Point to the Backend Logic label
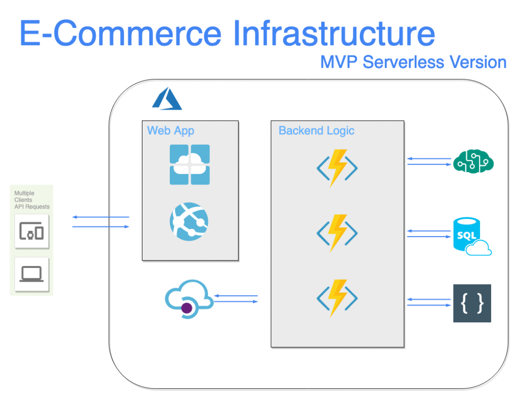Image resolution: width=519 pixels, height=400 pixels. point(316,130)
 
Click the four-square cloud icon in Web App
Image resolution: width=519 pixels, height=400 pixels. point(190,164)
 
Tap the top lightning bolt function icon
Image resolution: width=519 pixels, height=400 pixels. point(337,168)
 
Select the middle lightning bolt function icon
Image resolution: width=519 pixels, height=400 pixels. point(337,232)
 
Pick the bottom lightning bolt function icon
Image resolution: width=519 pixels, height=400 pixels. point(337,298)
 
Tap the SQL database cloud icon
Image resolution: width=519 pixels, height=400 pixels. point(472,237)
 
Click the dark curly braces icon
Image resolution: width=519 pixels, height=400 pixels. point(472,304)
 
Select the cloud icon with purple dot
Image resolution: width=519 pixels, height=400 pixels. point(188,299)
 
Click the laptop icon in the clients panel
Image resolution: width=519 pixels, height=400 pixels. point(32,274)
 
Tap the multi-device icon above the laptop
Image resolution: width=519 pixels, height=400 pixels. point(32,231)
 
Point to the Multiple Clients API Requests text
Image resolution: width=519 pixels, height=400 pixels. point(31,200)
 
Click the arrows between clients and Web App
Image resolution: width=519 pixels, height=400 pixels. point(100,222)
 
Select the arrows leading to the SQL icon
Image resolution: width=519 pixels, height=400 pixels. point(429,234)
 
